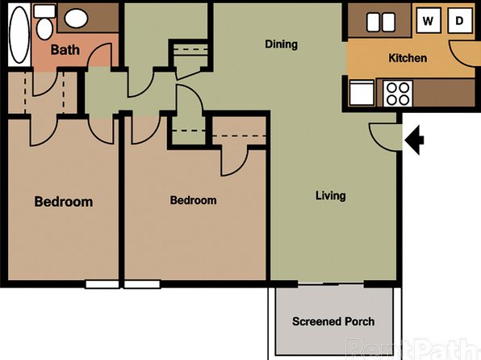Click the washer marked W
pos(429,21)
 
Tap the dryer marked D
pos(460,21)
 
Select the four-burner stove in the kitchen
pos(398,94)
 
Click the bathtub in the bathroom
pos(19,35)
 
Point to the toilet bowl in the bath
pos(44,29)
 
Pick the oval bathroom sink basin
pos(77,19)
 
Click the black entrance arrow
pos(414,140)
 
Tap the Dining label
pos(282,44)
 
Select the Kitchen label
pos(408,58)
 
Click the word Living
pos(331,196)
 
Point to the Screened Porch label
pos(333,321)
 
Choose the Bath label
pos(65,50)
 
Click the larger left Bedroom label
pos(64,202)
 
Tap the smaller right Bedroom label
pos(193,200)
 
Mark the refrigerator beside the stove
pos(362,92)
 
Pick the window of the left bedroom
pos(102,284)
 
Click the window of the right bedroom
pos(142,284)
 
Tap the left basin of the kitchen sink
pos(373,23)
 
